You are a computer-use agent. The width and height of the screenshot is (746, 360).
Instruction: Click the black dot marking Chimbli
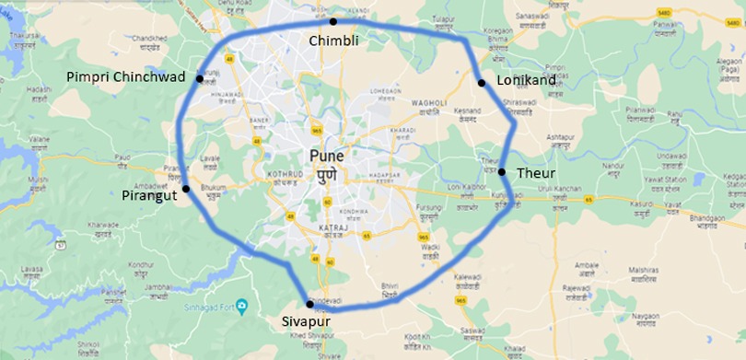click(333, 21)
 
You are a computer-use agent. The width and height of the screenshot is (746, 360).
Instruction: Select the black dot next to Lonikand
click(481, 83)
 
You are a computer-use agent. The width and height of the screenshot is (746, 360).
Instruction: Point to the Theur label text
click(535, 172)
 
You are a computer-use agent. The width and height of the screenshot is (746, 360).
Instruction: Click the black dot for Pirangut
click(186, 189)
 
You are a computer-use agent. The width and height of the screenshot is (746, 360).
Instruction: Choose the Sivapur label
click(307, 322)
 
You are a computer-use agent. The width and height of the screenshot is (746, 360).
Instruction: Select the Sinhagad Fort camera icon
click(241, 305)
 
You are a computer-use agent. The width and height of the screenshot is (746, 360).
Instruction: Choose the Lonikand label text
click(526, 81)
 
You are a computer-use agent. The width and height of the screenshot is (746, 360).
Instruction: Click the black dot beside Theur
click(502, 172)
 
